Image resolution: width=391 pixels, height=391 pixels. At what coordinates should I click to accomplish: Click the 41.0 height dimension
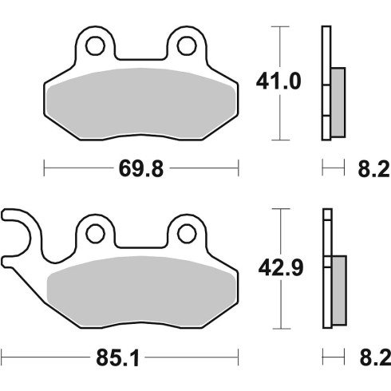point(278,81)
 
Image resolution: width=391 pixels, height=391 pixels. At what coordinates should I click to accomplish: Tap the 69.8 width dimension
point(141,168)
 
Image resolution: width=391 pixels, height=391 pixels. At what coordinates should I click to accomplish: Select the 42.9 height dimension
point(281,268)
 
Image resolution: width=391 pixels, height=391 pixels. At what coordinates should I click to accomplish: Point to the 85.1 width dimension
point(117,357)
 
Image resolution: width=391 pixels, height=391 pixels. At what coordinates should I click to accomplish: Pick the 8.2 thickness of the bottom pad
point(375,357)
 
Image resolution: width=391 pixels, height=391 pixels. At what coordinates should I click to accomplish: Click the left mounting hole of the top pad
point(95,45)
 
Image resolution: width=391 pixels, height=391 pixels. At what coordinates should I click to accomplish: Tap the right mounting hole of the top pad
point(187,45)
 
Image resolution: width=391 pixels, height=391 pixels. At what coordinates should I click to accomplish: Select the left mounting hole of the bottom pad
point(95,234)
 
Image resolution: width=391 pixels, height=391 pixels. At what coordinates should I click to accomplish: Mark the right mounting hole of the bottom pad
point(187,234)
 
